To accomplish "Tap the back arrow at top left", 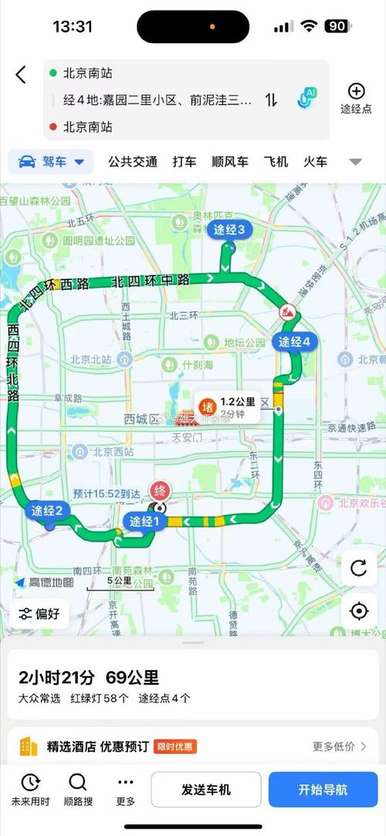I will coord(21,74).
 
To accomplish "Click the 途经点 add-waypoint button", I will coord(356,98).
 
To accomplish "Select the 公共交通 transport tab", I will coord(133,161).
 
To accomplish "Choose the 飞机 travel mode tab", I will coord(275,161).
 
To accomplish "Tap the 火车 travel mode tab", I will coord(315,161).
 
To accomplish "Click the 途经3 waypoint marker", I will coord(229,229).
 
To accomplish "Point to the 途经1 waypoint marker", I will coord(144,522).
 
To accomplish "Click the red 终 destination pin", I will coord(161,491).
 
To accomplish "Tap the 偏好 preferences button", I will coord(41,614).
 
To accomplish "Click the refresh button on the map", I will coord(358,568).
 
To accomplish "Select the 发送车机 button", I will coord(205,790).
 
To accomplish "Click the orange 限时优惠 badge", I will coord(174,746).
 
